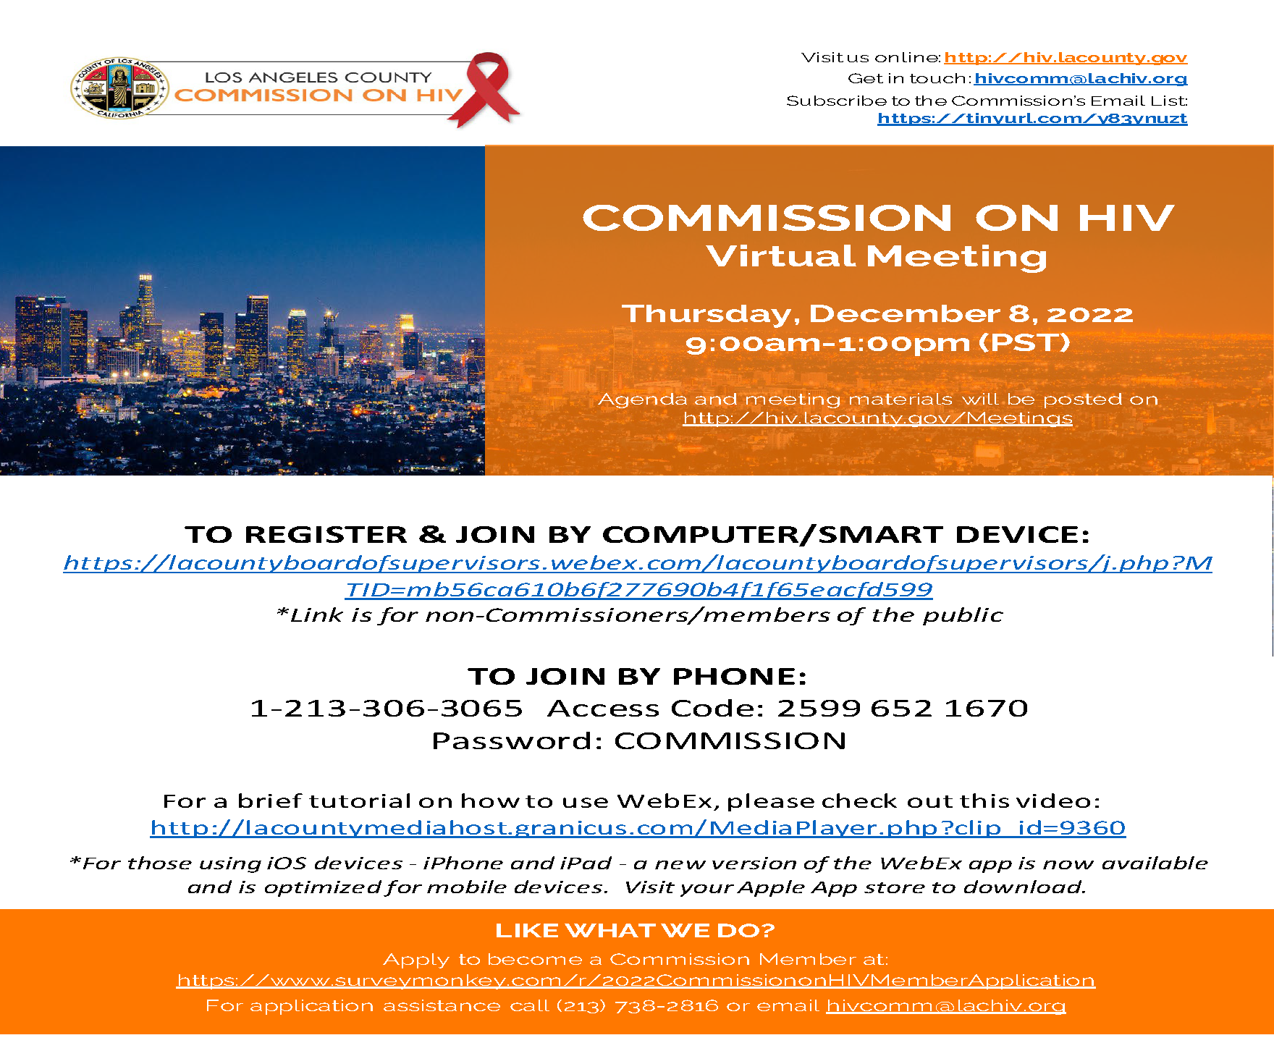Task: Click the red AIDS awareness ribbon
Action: (489, 88)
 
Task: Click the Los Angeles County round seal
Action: (119, 88)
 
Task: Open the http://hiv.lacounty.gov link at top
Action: (1065, 57)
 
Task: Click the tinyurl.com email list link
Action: (1032, 118)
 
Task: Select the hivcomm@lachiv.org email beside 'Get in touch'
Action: (1080, 78)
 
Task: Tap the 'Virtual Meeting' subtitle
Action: (877, 256)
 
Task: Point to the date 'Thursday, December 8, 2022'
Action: (877, 313)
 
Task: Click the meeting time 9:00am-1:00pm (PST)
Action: (877, 342)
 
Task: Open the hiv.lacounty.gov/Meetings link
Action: (877, 418)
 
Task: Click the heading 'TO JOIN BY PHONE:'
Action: (637, 676)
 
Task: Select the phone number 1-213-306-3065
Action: (386, 708)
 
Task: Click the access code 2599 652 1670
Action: (902, 708)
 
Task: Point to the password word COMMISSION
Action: (730, 740)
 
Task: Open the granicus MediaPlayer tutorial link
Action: (638, 827)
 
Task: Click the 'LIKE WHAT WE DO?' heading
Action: (635, 930)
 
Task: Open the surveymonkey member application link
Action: (636, 980)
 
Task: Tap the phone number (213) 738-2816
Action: (637, 1005)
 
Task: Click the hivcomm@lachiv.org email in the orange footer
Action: (945, 1005)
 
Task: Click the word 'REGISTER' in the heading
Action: (325, 534)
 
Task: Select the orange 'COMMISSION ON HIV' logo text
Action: (318, 96)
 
